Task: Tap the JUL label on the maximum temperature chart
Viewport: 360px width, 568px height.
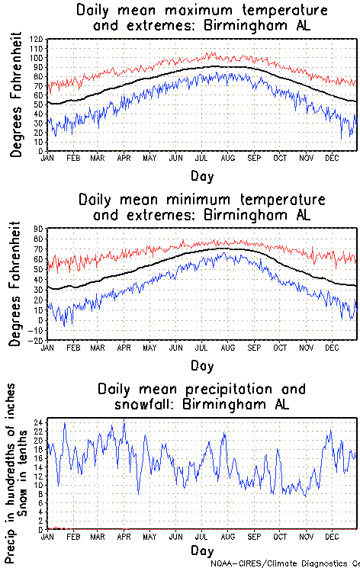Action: (x=202, y=158)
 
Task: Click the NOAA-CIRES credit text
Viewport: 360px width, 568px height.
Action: (x=282, y=563)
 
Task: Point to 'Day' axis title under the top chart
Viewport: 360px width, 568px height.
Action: (x=202, y=175)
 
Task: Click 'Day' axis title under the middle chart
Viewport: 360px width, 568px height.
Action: (x=202, y=364)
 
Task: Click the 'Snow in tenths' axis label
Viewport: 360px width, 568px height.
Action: (x=27, y=467)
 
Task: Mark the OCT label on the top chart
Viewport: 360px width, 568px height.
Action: (x=281, y=158)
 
